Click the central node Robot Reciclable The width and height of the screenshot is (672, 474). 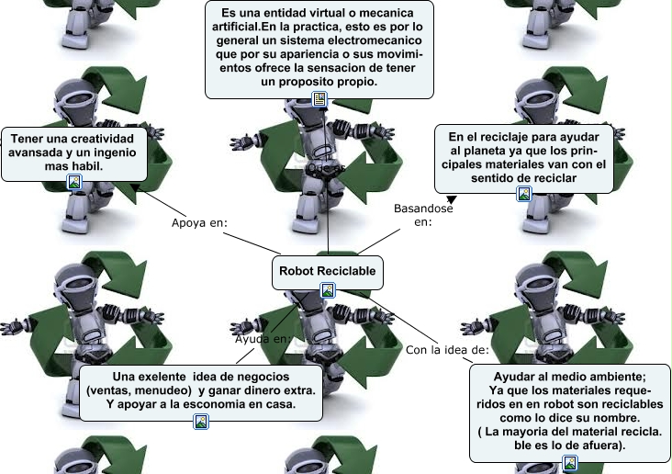[x=328, y=273]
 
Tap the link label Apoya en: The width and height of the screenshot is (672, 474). [x=199, y=223]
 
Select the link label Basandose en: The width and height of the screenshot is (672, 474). [x=423, y=215]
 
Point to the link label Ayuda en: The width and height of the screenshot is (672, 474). [x=263, y=339]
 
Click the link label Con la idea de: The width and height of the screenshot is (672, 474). [x=447, y=350]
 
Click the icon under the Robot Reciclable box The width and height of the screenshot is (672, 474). [x=328, y=290]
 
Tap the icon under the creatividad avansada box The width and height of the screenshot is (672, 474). [x=74, y=182]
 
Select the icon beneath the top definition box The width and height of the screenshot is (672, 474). [x=319, y=99]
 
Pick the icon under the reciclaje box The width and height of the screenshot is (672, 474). [x=524, y=194]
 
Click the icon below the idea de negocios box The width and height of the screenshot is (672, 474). [x=201, y=422]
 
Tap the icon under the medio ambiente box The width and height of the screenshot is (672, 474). [x=569, y=463]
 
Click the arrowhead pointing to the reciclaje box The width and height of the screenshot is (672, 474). [x=452, y=199]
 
